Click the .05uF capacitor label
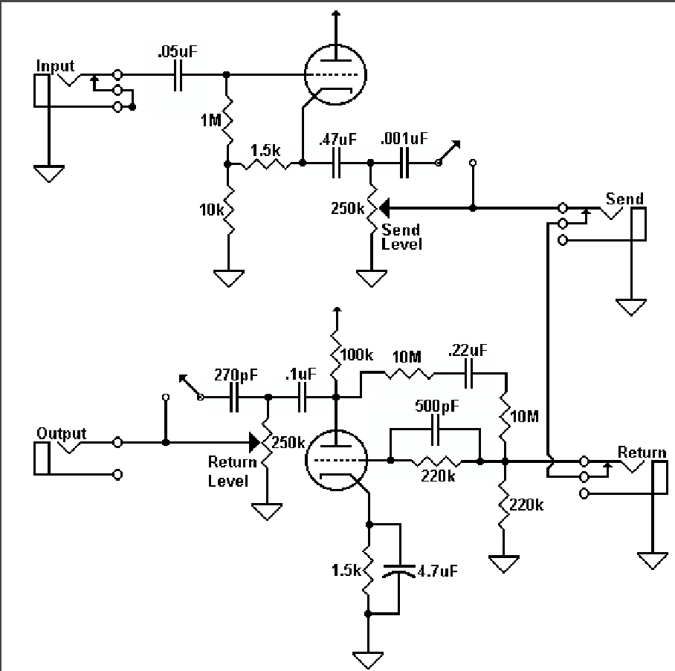[x=178, y=51]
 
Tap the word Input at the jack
[x=56, y=66]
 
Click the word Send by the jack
[x=624, y=198]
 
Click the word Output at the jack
[x=61, y=433]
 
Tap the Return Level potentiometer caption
[x=227, y=471]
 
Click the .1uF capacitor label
[x=302, y=375]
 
